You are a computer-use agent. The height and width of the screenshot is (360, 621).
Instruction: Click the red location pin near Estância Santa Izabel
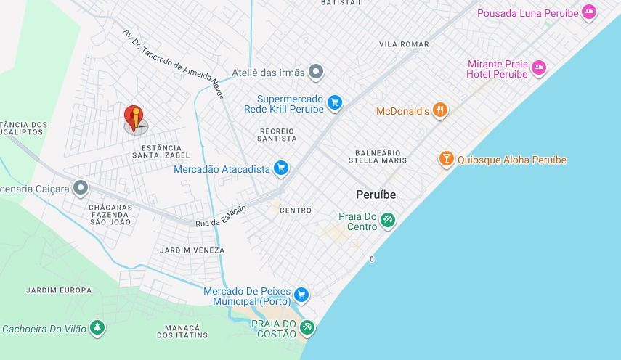(134, 117)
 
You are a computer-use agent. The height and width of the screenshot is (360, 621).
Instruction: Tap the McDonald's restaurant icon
(439, 111)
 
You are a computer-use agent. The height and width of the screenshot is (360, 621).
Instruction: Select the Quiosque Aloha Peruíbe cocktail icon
(446, 159)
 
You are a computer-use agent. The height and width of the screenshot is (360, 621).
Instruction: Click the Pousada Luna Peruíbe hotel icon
(589, 13)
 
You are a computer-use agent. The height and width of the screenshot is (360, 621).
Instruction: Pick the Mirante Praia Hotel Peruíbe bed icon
(538, 68)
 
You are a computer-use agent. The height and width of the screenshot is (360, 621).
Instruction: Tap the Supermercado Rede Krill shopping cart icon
(334, 103)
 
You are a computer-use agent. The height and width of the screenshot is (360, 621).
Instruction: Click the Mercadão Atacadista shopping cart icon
(281, 169)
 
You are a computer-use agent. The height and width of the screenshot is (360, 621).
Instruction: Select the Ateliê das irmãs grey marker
(315, 72)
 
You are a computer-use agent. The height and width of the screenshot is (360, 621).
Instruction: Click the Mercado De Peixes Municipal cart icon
(301, 295)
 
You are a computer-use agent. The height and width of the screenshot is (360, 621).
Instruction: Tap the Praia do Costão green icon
(307, 327)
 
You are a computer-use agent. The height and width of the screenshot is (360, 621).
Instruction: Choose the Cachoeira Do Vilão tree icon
(97, 328)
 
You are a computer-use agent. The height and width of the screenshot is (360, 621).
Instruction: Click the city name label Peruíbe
(376, 195)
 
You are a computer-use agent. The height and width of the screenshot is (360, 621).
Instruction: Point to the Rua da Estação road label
(221, 216)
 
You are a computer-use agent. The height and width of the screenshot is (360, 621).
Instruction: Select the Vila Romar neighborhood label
(404, 44)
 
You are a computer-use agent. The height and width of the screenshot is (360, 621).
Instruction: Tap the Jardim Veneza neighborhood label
(192, 250)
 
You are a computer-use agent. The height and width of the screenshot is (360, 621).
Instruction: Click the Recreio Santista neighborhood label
(277, 134)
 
